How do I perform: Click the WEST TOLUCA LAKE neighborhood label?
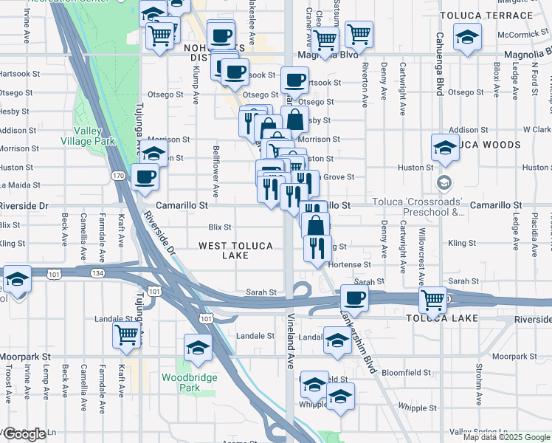pyautogui.click(x=235, y=250)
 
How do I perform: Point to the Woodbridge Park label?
pyautogui.click(x=181, y=382)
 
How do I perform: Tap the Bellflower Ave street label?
pyautogui.click(x=216, y=172)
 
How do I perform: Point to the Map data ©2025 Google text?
pyautogui.click(x=506, y=437)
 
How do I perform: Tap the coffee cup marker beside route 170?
pyautogui.click(x=145, y=177)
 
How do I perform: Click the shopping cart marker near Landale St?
pyautogui.click(x=127, y=334)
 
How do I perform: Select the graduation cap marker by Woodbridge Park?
pyautogui.click(x=198, y=347)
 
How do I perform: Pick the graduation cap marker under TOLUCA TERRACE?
pyautogui.click(x=466, y=38)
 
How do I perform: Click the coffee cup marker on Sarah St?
pyautogui.click(x=354, y=298)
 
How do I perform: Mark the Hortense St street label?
pyautogui.click(x=351, y=264)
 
